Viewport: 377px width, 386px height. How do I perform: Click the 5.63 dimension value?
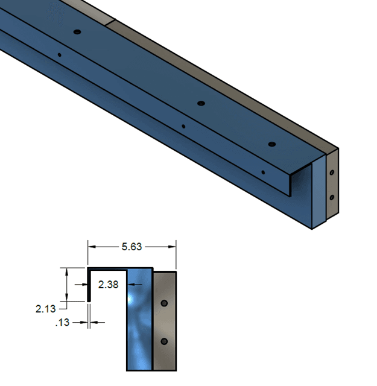point(131,246)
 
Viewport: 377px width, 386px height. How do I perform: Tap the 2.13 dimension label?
point(46,309)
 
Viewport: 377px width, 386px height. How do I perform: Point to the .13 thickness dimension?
point(62,323)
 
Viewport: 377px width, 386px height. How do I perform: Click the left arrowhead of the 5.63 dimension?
point(92,246)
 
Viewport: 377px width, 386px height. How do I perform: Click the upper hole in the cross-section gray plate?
point(164,302)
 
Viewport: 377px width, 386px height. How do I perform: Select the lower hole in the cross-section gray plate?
point(164,341)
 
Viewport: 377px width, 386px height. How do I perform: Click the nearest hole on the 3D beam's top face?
point(271,145)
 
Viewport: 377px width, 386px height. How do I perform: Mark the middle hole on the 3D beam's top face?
point(201,104)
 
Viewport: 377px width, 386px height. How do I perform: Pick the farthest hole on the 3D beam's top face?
point(77,31)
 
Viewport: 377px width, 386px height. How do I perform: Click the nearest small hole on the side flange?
point(263,172)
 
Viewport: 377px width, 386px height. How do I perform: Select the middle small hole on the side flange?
point(183,127)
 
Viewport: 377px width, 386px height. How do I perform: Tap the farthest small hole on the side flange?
point(59,55)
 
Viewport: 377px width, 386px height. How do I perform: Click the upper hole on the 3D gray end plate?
point(332,172)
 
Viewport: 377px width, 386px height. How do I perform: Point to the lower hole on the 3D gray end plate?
point(332,197)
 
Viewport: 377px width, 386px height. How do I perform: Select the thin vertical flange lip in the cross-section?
point(89,285)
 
